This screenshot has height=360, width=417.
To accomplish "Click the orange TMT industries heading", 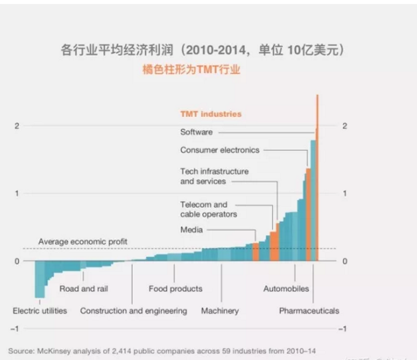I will pyautogui.click(x=211, y=114).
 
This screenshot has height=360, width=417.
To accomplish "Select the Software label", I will pyautogui.click(x=196, y=132).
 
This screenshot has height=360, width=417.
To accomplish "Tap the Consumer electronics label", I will pyautogui.click(x=219, y=150).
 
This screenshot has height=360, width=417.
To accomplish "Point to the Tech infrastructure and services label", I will pyautogui.click(x=214, y=176).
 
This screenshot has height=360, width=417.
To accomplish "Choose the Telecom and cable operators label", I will pyautogui.click(x=208, y=209).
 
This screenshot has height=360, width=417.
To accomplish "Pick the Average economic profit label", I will pyautogui.click(x=83, y=241).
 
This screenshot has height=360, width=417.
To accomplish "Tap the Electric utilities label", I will pyautogui.click(x=40, y=311).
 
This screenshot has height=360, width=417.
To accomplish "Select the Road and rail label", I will pyautogui.click(x=84, y=289).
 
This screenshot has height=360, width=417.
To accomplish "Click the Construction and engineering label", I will pyautogui.click(x=133, y=311).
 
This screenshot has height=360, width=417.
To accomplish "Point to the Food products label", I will pyautogui.click(x=175, y=289).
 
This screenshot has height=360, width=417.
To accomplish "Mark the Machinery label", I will pyautogui.click(x=220, y=311).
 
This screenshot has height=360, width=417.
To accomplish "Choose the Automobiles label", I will pyautogui.click(x=286, y=289).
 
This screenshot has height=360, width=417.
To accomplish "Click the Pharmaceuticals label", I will pyautogui.click(x=309, y=311).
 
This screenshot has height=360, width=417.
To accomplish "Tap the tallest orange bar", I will pyautogui.click(x=317, y=173).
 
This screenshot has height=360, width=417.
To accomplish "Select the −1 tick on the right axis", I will pyautogui.click(x=343, y=329).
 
